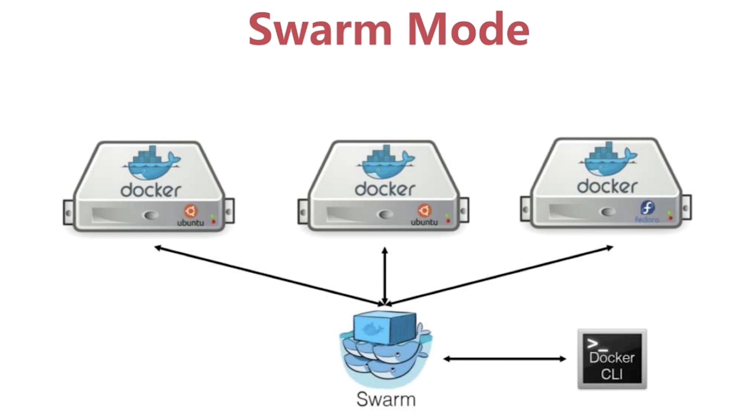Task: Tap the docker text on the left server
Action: (151, 190)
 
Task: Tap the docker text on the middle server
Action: (385, 189)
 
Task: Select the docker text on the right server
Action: (607, 186)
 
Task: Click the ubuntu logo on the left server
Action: (191, 211)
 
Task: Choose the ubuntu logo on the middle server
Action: (424, 210)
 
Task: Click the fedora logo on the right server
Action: (647, 208)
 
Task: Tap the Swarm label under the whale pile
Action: (386, 399)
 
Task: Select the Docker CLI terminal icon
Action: (612, 359)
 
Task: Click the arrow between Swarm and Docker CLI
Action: (505, 359)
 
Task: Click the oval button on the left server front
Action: (151, 215)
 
